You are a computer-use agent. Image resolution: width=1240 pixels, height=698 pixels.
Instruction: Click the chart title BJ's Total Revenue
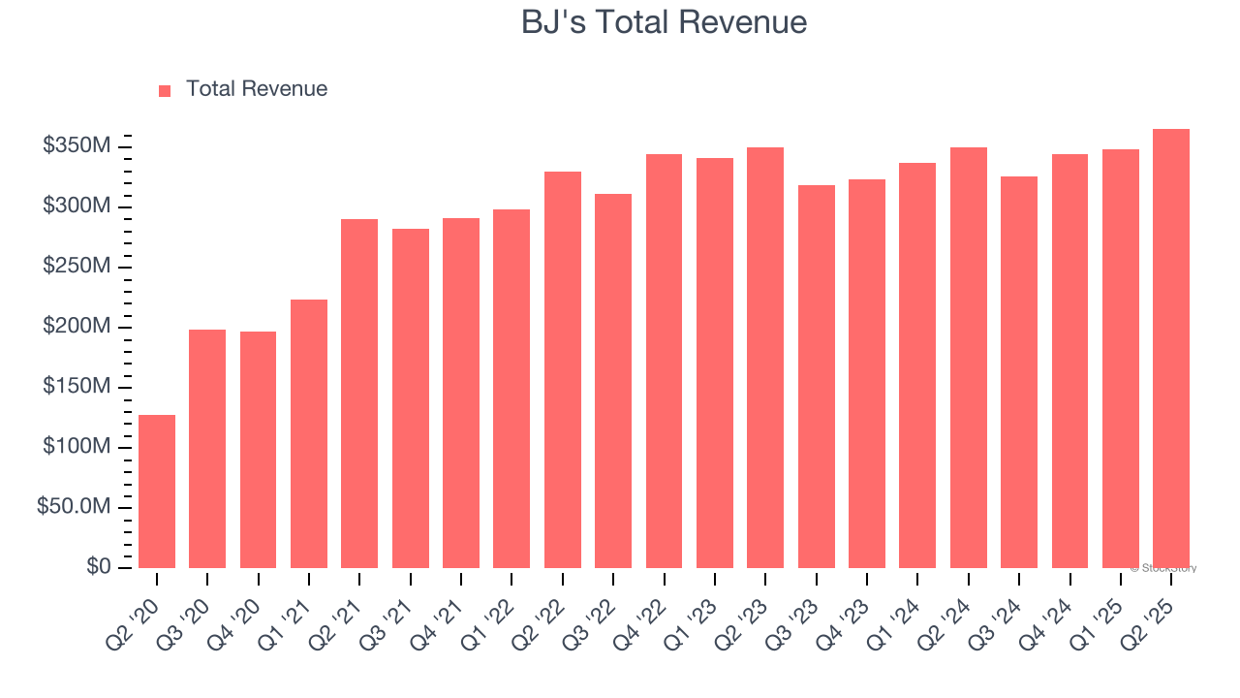(x=664, y=22)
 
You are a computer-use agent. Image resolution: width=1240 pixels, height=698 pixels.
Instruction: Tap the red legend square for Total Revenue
(x=165, y=90)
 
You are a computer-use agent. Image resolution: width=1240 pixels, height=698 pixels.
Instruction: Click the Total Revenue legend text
(x=257, y=89)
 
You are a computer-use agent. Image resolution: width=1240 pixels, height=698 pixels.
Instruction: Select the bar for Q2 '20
(x=157, y=492)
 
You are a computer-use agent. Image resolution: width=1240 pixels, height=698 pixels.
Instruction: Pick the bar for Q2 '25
(x=1171, y=348)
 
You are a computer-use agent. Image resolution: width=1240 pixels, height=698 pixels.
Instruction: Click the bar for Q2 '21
(x=359, y=394)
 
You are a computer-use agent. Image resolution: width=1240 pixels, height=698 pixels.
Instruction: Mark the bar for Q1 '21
(x=309, y=433)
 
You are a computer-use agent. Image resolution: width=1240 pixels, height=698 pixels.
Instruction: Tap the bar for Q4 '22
(x=664, y=361)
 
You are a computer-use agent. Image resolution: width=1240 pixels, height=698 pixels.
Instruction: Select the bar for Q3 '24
(x=1019, y=372)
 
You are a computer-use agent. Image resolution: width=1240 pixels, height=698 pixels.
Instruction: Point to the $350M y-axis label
(x=77, y=146)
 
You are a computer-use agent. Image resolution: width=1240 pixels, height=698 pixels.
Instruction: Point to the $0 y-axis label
(x=98, y=567)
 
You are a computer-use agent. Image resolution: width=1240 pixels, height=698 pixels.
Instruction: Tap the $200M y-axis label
(x=77, y=327)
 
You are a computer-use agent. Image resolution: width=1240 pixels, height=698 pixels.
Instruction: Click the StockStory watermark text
(x=1163, y=568)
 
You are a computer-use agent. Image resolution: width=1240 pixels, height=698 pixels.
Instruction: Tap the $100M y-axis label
(x=77, y=447)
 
